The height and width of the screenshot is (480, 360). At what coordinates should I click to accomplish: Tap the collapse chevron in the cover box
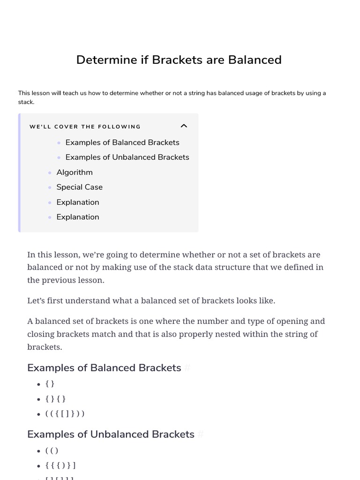(x=184, y=126)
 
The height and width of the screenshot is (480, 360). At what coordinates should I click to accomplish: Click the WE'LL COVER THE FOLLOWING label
(x=85, y=127)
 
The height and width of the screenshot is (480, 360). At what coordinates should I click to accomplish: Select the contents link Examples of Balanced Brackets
(x=122, y=142)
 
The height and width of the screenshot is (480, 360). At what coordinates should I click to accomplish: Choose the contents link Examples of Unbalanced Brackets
(x=127, y=157)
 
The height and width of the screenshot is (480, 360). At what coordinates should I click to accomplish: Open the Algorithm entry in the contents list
(x=75, y=172)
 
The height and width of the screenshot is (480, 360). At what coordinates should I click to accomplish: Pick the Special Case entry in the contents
(x=79, y=187)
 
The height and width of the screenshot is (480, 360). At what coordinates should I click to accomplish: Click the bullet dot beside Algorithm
(x=50, y=173)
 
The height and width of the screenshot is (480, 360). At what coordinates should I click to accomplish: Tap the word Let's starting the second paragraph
(x=37, y=300)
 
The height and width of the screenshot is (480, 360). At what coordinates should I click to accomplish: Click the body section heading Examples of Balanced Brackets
(x=104, y=368)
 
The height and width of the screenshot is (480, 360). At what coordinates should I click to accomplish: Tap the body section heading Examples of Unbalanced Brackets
(x=111, y=435)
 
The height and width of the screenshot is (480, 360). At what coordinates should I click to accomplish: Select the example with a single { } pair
(x=50, y=384)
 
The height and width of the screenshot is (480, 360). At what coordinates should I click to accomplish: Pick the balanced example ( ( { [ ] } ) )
(x=65, y=414)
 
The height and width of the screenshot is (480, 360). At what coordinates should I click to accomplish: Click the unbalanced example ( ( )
(x=52, y=451)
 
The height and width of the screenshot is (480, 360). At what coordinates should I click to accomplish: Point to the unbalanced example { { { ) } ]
(x=60, y=465)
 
